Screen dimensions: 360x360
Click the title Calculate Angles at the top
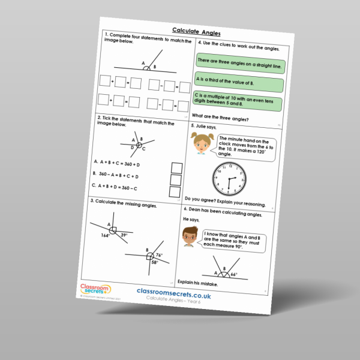tap(197, 30)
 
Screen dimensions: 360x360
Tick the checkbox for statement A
tap(176, 167)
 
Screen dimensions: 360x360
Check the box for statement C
tap(175, 192)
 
